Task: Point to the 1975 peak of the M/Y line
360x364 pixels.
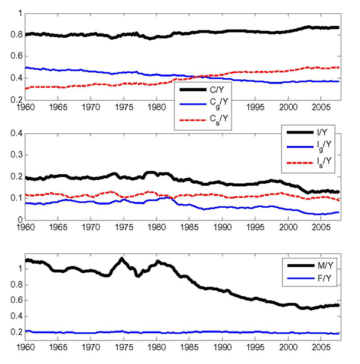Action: click(x=122, y=259)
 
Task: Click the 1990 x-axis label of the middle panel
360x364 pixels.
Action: click(x=223, y=229)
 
